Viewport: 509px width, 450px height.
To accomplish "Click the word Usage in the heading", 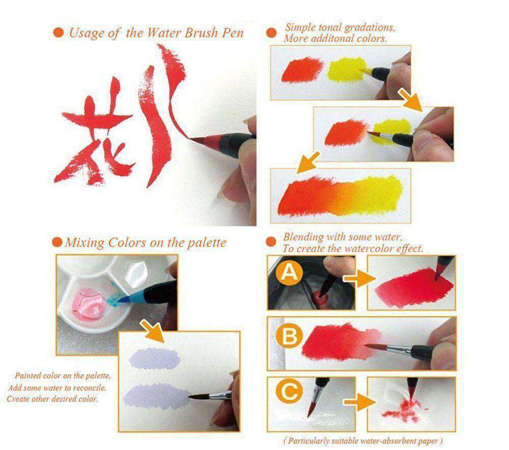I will [x=86, y=34].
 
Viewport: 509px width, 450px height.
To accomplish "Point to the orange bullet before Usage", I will [x=59, y=33].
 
